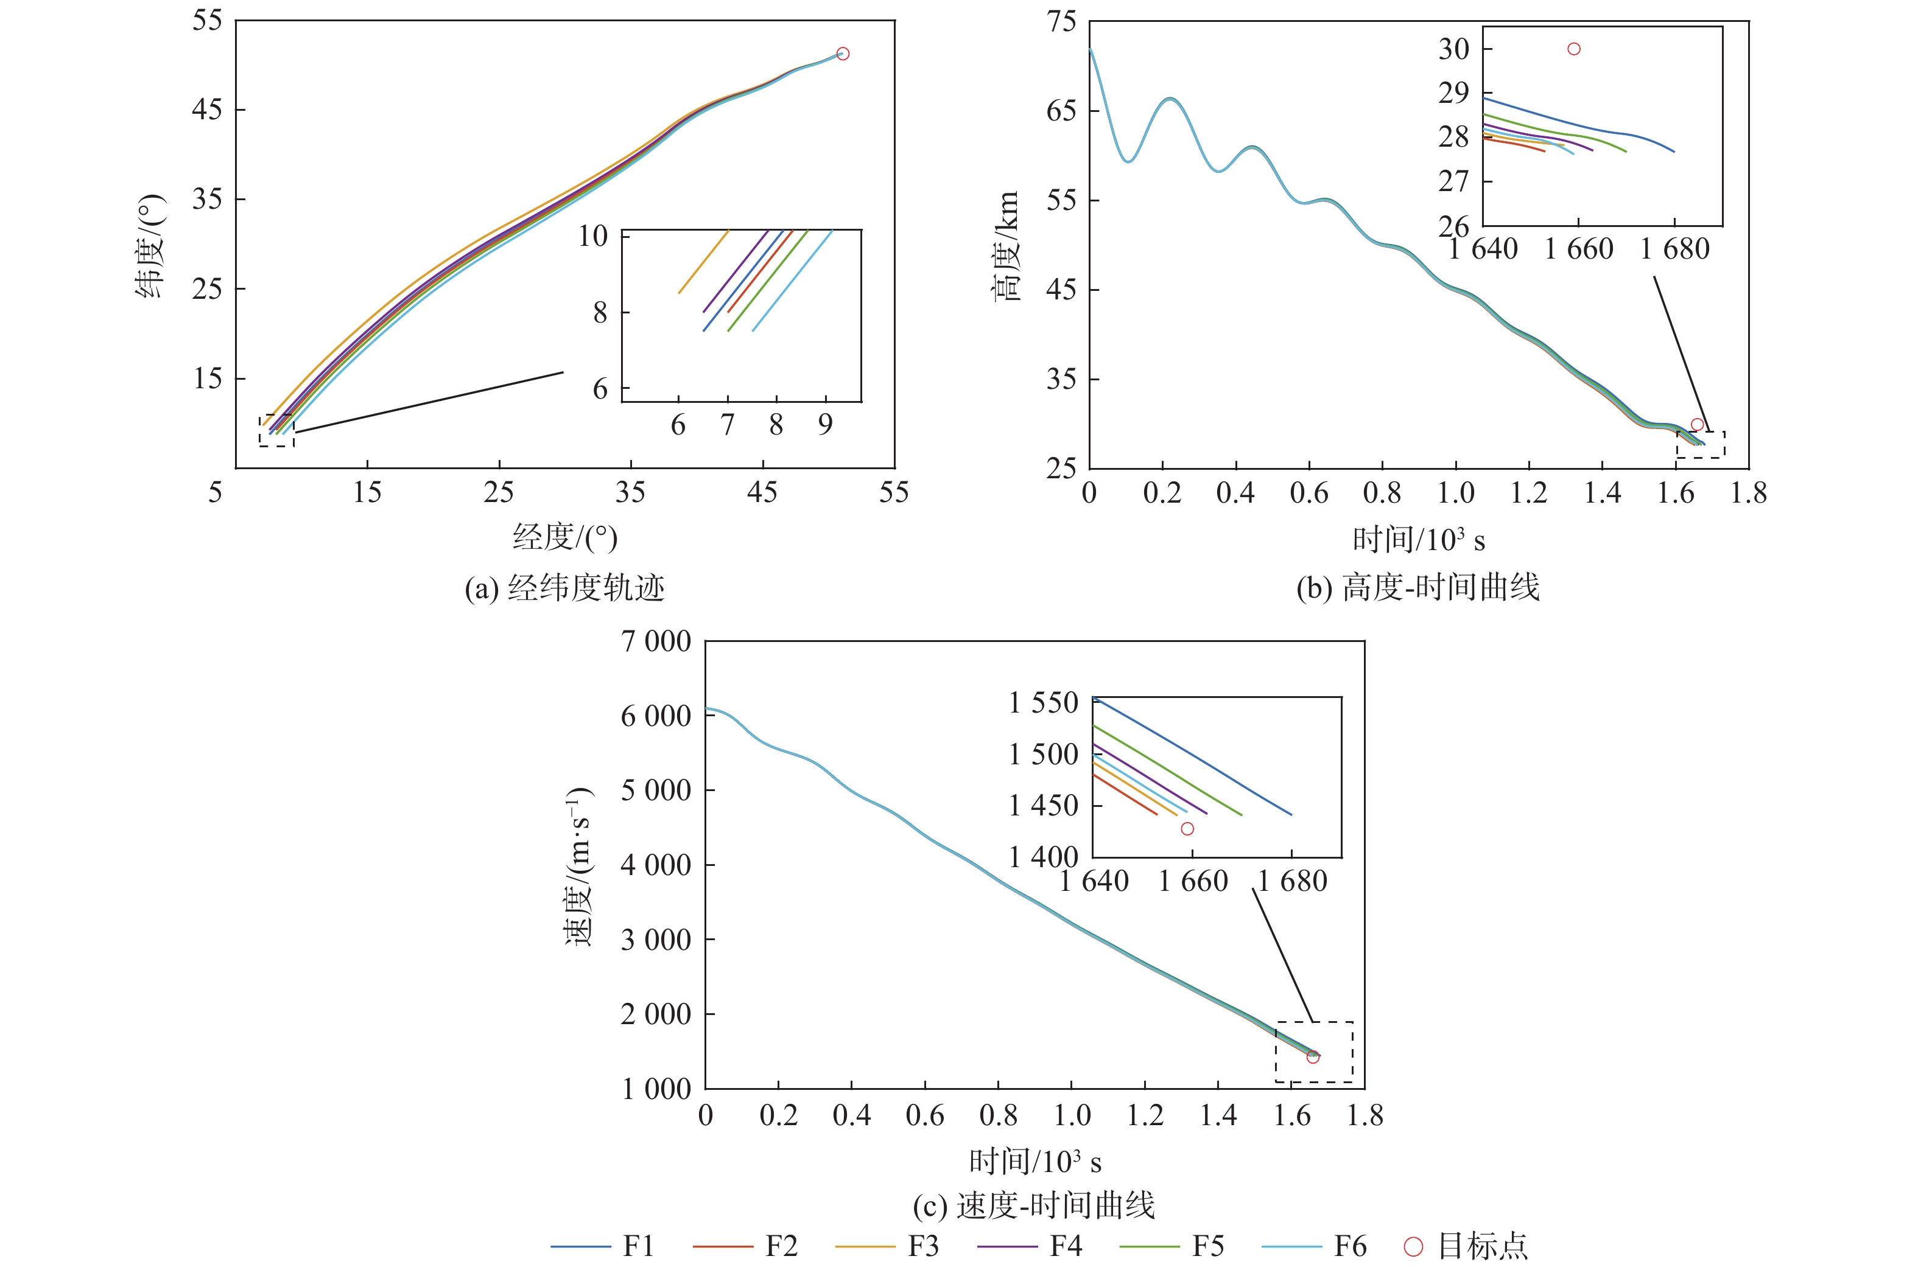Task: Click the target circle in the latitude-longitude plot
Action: coord(843,54)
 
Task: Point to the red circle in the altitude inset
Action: coord(1573,49)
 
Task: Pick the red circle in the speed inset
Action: coord(1187,829)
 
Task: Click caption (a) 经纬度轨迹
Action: coord(565,587)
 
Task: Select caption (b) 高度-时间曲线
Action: coord(1418,587)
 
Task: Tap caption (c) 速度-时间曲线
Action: coord(1034,1206)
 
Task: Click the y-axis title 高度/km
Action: coord(1006,246)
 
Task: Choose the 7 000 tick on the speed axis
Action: coord(656,641)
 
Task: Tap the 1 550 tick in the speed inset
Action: coord(1044,702)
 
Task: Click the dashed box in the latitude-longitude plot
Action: coord(276,431)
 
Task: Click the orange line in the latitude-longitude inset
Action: coord(703,261)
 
